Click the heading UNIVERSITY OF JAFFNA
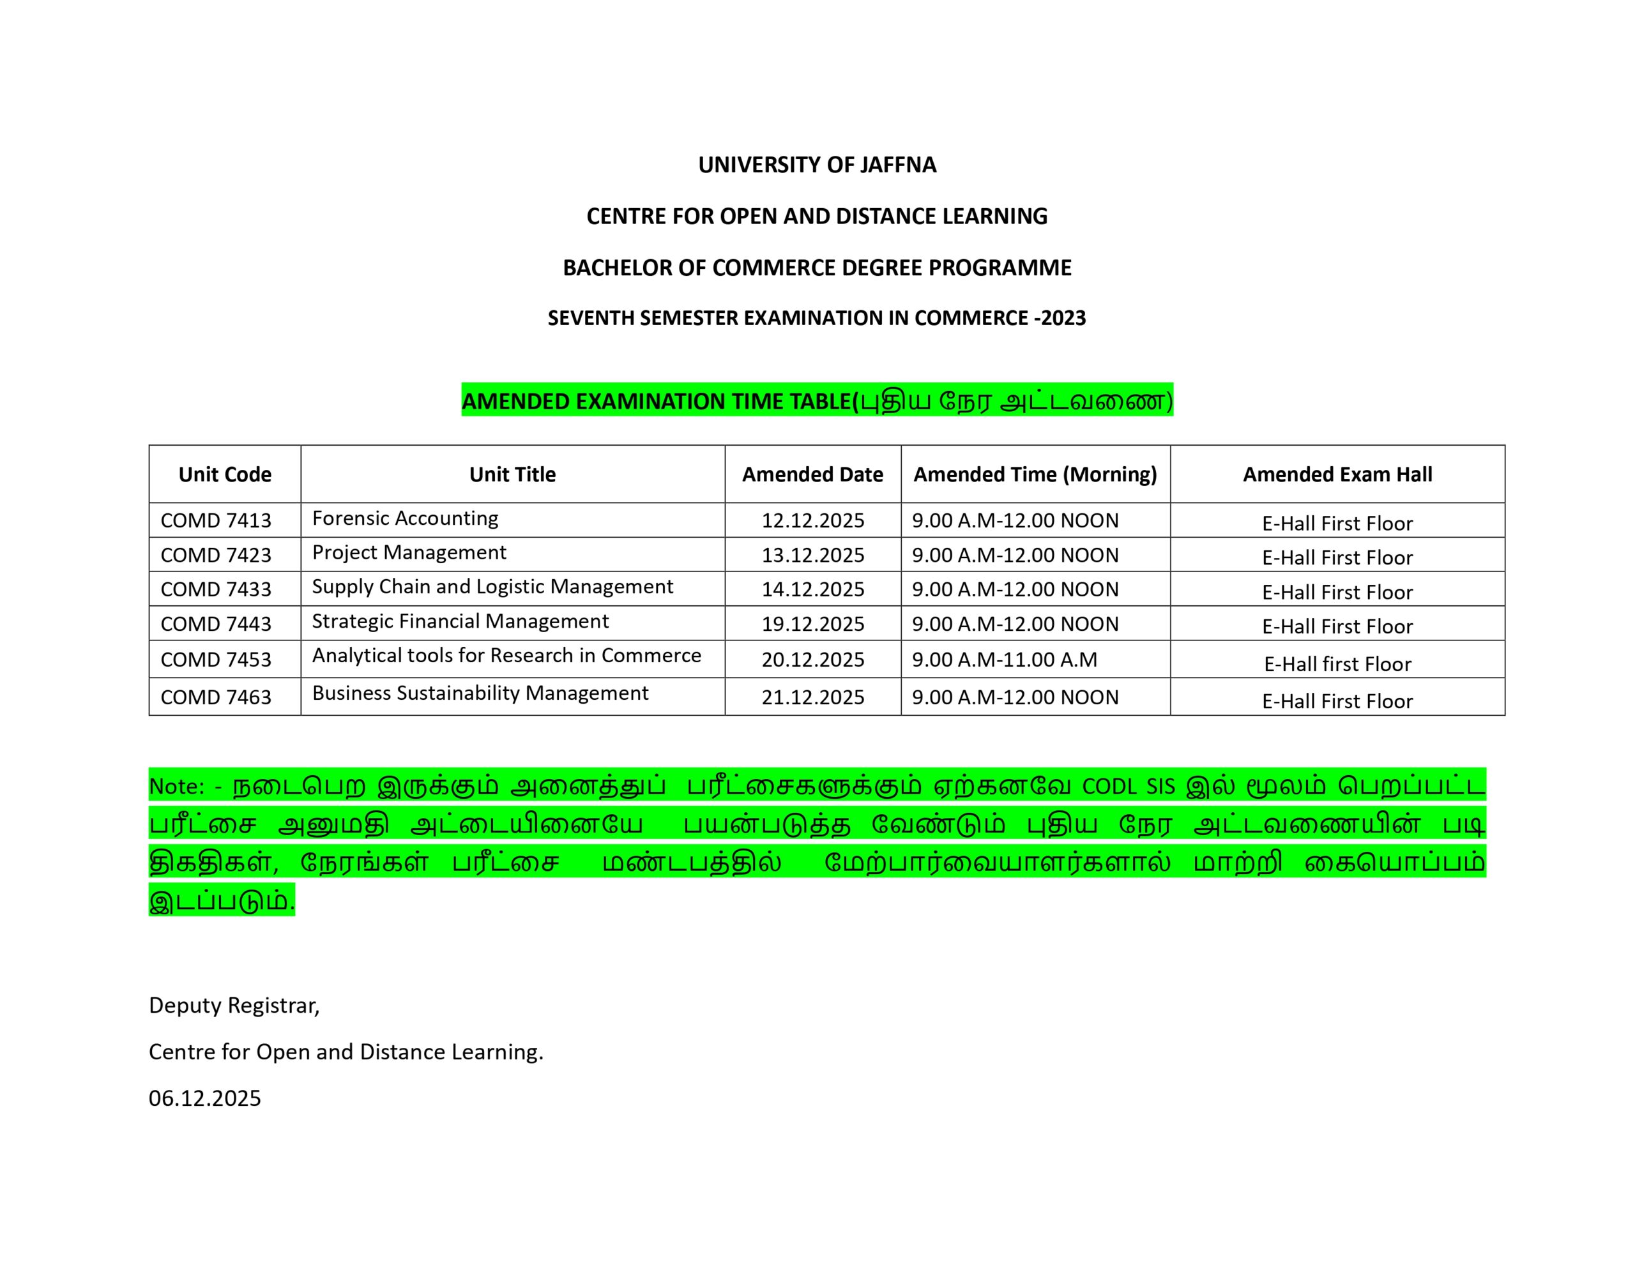tap(817, 165)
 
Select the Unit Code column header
tap(225, 474)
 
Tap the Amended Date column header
tap(812, 474)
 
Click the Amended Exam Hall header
tap(1337, 474)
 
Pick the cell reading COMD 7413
tap(216, 520)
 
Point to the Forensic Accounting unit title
tap(405, 518)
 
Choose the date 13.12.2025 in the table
tap(812, 555)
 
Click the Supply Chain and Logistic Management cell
tap(492, 586)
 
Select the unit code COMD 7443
tap(216, 624)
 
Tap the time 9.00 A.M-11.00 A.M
tap(1004, 660)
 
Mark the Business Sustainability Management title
tap(480, 693)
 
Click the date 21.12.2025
tap(812, 697)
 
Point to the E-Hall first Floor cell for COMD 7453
tap(1337, 664)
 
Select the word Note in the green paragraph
tap(175, 786)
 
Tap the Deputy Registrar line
tap(234, 1006)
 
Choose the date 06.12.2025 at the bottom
tap(204, 1098)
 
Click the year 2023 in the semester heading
tap(1063, 318)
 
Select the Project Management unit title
tap(409, 552)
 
